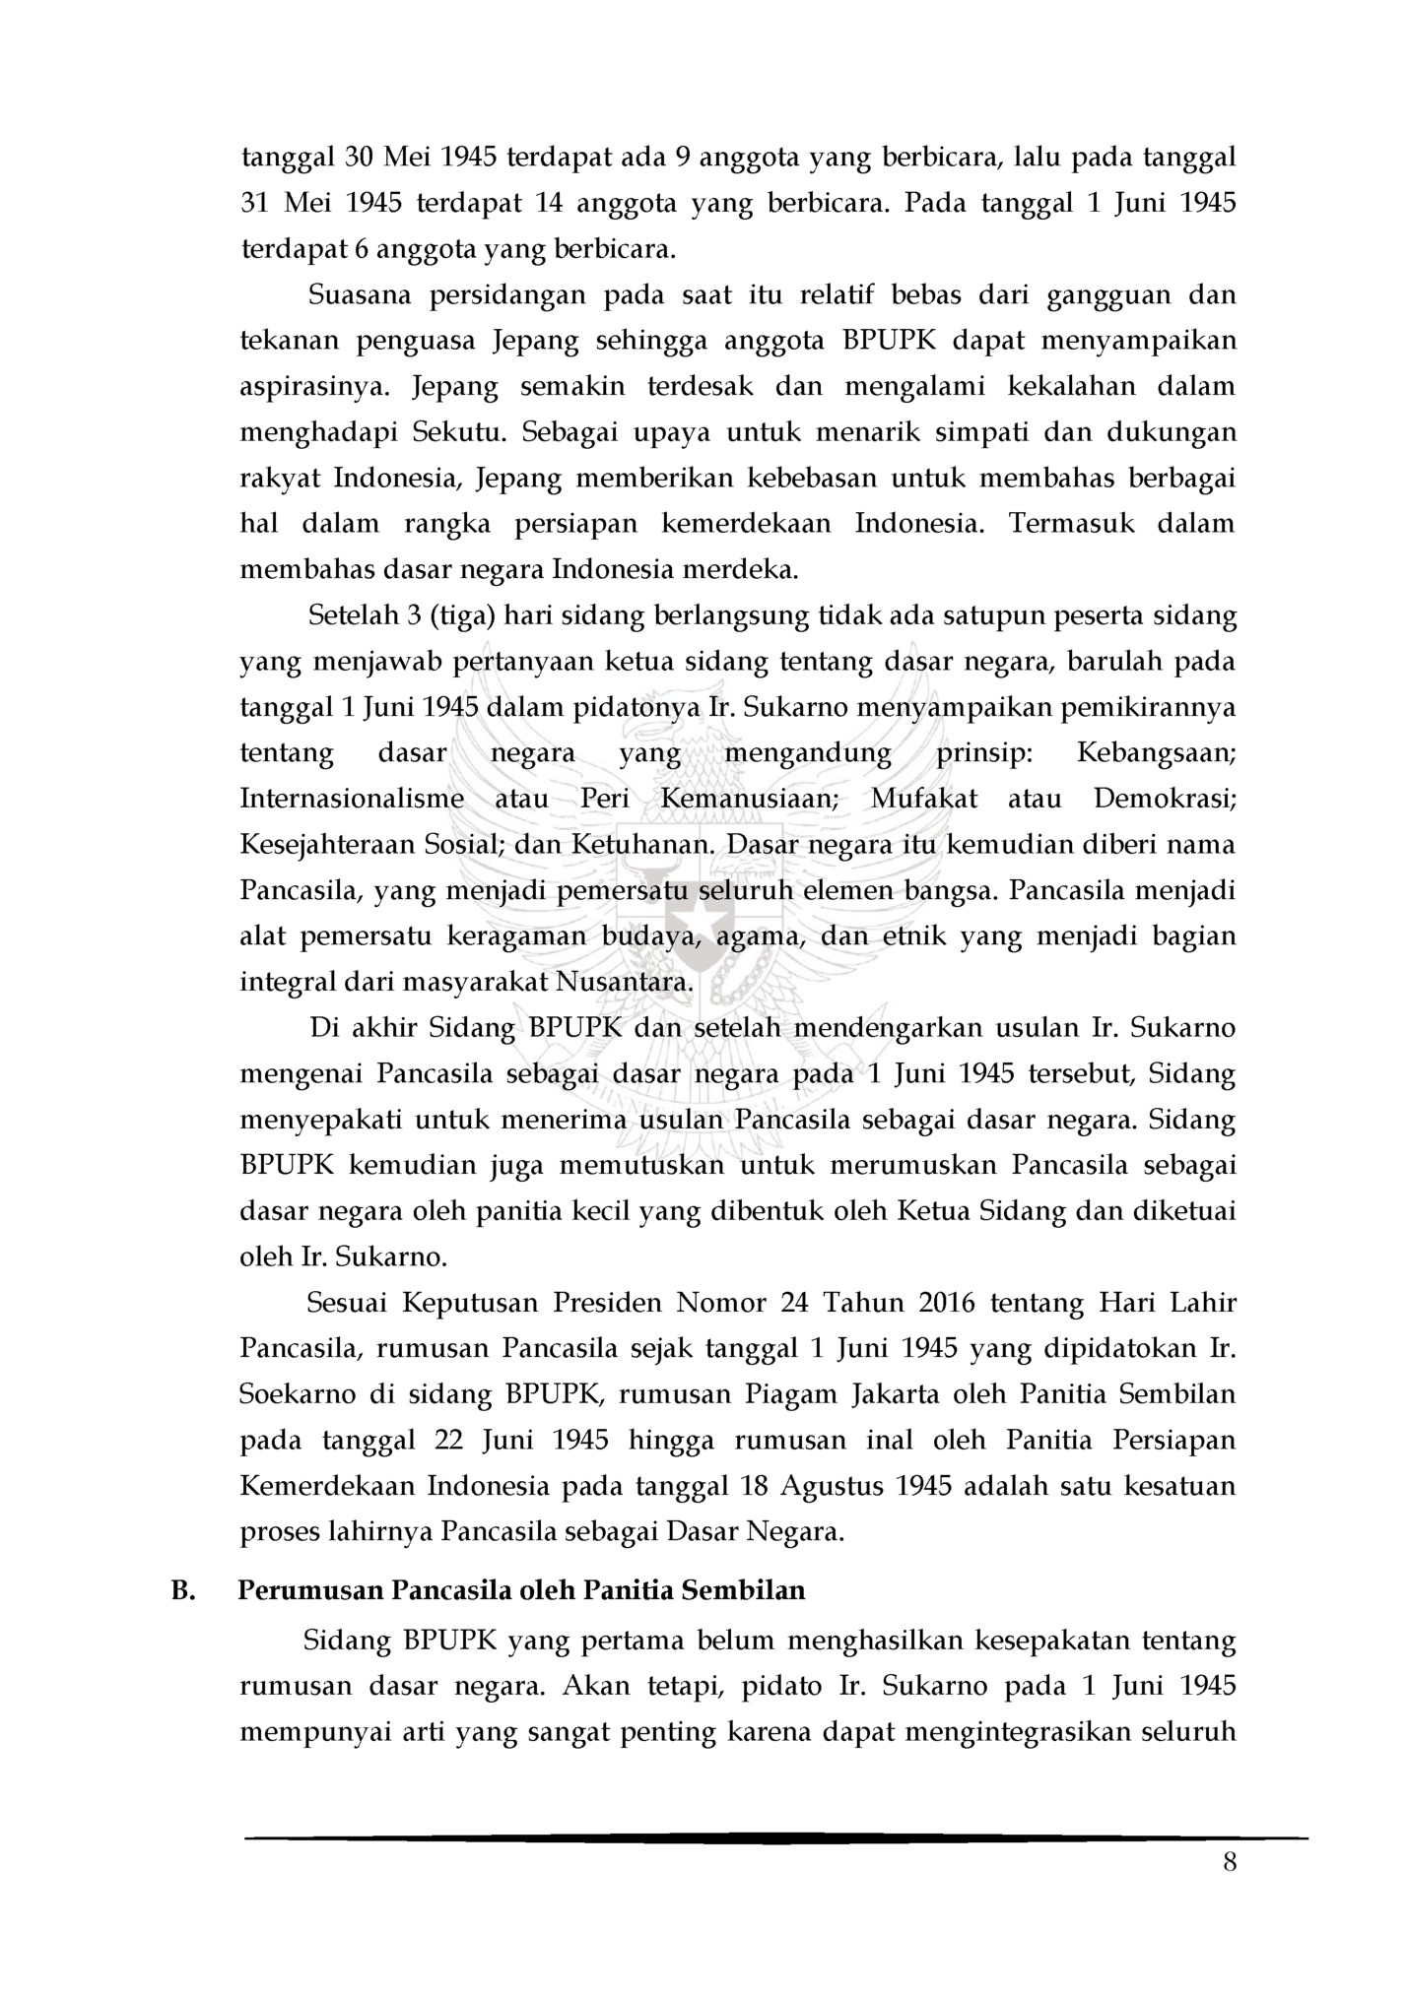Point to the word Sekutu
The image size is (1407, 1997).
[458, 432]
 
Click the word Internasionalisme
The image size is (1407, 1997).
[352, 798]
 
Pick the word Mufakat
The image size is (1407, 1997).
[924, 798]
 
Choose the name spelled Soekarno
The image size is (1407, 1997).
[299, 1394]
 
